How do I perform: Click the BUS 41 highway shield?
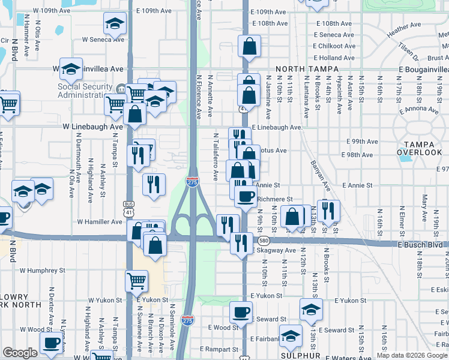click(128, 208)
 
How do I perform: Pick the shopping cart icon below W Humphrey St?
click(137, 280)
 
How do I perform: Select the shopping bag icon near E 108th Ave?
click(249, 46)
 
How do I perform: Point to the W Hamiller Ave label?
click(100, 222)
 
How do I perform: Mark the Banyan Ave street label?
click(320, 174)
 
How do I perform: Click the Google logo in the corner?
click(20, 353)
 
